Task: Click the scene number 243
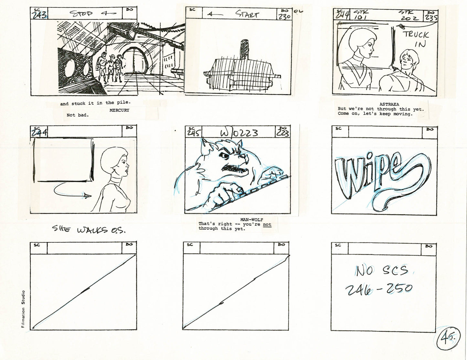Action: click(x=39, y=15)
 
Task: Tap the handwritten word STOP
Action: click(x=81, y=14)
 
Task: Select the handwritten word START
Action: click(x=247, y=14)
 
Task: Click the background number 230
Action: click(x=284, y=16)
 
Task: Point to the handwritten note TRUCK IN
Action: click(x=416, y=39)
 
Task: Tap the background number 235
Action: click(x=431, y=17)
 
